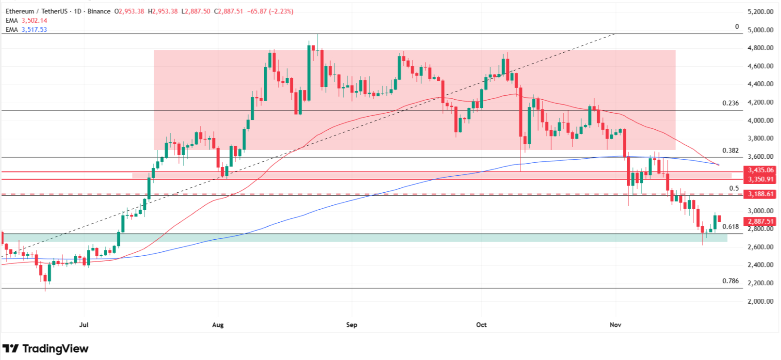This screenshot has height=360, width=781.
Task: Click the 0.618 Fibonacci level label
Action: click(x=730, y=227)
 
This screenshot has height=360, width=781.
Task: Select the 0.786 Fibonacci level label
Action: click(x=730, y=281)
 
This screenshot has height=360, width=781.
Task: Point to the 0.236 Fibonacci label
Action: click(x=730, y=103)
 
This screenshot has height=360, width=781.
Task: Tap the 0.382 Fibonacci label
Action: click(x=730, y=151)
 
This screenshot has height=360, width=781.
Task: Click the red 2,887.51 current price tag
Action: click(x=760, y=221)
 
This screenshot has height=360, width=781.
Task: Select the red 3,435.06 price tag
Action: click(x=760, y=170)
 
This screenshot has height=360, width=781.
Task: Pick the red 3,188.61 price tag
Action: click(x=760, y=194)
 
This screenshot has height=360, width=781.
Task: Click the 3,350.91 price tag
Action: click(x=760, y=179)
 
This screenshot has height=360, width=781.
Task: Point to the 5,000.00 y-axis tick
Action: click(x=760, y=30)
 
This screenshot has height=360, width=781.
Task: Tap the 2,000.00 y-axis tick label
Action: click(x=760, y=301)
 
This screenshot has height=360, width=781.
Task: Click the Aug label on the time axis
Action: click(x=218, y=325)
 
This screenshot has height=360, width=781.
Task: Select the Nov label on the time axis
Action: click(x=616, y=325)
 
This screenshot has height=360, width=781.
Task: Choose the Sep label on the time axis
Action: click(x=352, y=325)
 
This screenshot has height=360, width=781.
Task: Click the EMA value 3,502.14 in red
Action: click(x=34, y=21)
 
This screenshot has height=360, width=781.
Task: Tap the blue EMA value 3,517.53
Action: click(x=34, y=30)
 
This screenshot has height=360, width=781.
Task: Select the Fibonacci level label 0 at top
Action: click(x=737, y=27)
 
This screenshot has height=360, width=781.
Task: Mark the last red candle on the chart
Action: click(x=719, y=219)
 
